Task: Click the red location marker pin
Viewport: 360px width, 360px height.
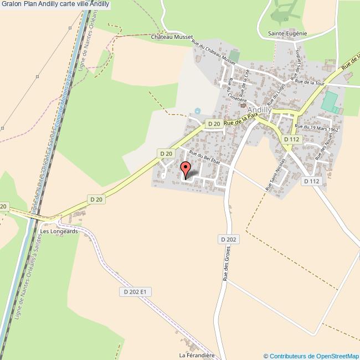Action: click(186, 168)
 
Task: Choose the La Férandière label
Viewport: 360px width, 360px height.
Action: click(196, 354)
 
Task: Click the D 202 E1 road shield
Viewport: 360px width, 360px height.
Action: click(135, 291)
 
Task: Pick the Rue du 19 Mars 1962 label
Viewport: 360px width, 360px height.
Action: click(317, 127)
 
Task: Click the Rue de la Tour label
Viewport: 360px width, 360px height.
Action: click(310, 82)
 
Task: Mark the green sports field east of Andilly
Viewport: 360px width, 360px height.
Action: click(330, 101)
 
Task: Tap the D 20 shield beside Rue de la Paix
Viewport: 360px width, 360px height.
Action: click(213, 124)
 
